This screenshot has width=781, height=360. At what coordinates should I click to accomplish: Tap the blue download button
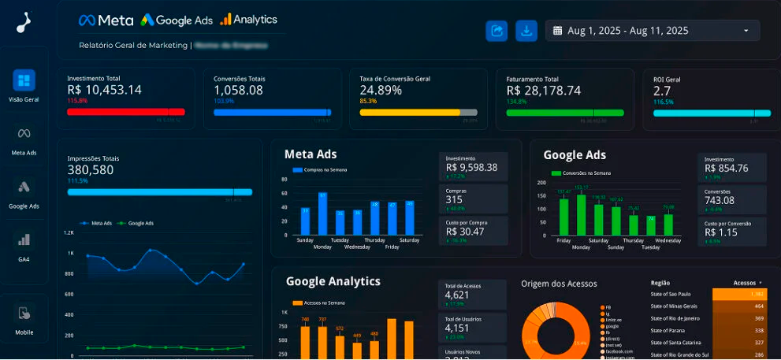click(x=526, y=31)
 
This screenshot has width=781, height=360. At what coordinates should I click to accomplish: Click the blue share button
click(x=496, y=31)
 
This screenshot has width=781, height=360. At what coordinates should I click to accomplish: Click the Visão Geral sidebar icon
click(x=24, y=80)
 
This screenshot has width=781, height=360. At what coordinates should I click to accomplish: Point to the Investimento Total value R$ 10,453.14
click(x=104, y=90)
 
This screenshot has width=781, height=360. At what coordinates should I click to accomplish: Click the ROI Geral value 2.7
click(x=662, y=91)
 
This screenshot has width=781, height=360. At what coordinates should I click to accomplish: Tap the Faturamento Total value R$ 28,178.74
click(x=544, y=90)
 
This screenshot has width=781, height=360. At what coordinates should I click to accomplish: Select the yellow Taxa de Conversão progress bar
click(x=410, y=113)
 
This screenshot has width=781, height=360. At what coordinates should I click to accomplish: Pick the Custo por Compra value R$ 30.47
click(x=465, y=232)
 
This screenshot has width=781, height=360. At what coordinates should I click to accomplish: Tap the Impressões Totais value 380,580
click(x=91, y=169)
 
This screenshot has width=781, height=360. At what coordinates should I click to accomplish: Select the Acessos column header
click(x=745, y=282)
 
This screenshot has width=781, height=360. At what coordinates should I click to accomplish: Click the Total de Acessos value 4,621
click(x=463, y=295)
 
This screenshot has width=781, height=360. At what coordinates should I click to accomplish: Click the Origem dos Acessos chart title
click(x=559, y=284)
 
